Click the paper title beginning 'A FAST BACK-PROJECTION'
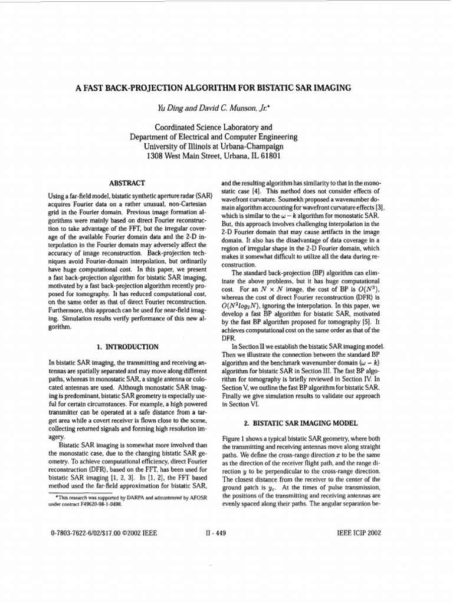click(x=214, y=88)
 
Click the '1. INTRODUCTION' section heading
click(x=128, y=347)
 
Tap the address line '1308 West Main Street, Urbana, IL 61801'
click(x=214, y=156)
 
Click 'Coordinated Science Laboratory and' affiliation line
click(x=214, y=127)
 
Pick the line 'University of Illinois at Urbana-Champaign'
click(x=214, y=146)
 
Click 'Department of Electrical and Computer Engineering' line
click(x=214, y=137)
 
